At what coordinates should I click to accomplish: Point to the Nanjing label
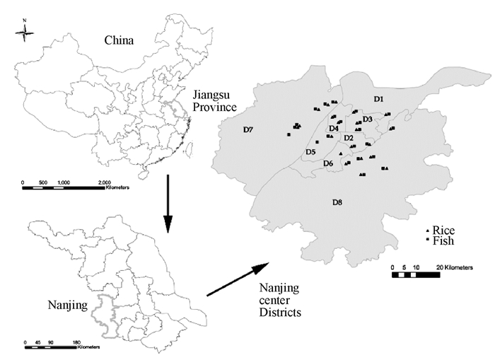point(69,306)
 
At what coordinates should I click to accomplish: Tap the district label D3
point(367,119)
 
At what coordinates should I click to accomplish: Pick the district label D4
point(334,128)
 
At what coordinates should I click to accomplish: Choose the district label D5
point(310,152)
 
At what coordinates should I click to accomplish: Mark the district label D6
point(328,164)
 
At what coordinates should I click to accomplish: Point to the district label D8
point(337,203)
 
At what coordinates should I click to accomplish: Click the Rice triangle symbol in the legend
point(426,231)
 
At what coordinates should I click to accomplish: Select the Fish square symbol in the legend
point(426,241)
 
